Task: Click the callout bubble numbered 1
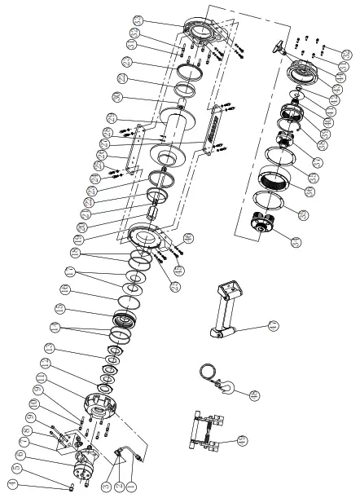tap(130, 487)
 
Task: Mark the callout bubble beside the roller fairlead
tap(240, 441)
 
